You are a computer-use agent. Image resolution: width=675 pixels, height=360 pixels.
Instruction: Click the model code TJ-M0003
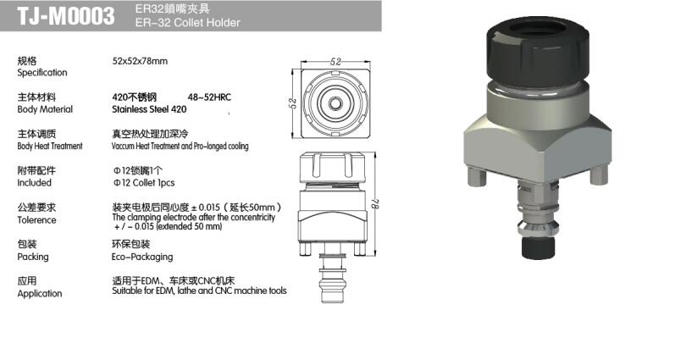(66, 16)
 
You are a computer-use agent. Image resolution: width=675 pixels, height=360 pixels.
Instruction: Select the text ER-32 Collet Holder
(188, 22)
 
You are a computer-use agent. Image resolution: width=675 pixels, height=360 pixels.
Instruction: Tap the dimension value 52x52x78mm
(140, 61)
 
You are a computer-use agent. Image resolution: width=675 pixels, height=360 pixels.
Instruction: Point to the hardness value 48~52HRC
(209, 97)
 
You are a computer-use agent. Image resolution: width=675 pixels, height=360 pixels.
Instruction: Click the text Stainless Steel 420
(149, 109)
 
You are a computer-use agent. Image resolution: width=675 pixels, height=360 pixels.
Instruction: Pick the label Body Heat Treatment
(50, 146)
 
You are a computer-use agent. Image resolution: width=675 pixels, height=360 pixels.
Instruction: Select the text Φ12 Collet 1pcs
(144, 183)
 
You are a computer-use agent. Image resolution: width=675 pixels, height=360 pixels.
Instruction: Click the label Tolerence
(36, 220)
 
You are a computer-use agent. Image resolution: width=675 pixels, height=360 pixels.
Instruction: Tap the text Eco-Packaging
(142, 257)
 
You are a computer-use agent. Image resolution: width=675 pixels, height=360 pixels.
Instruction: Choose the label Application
(40, 294)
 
